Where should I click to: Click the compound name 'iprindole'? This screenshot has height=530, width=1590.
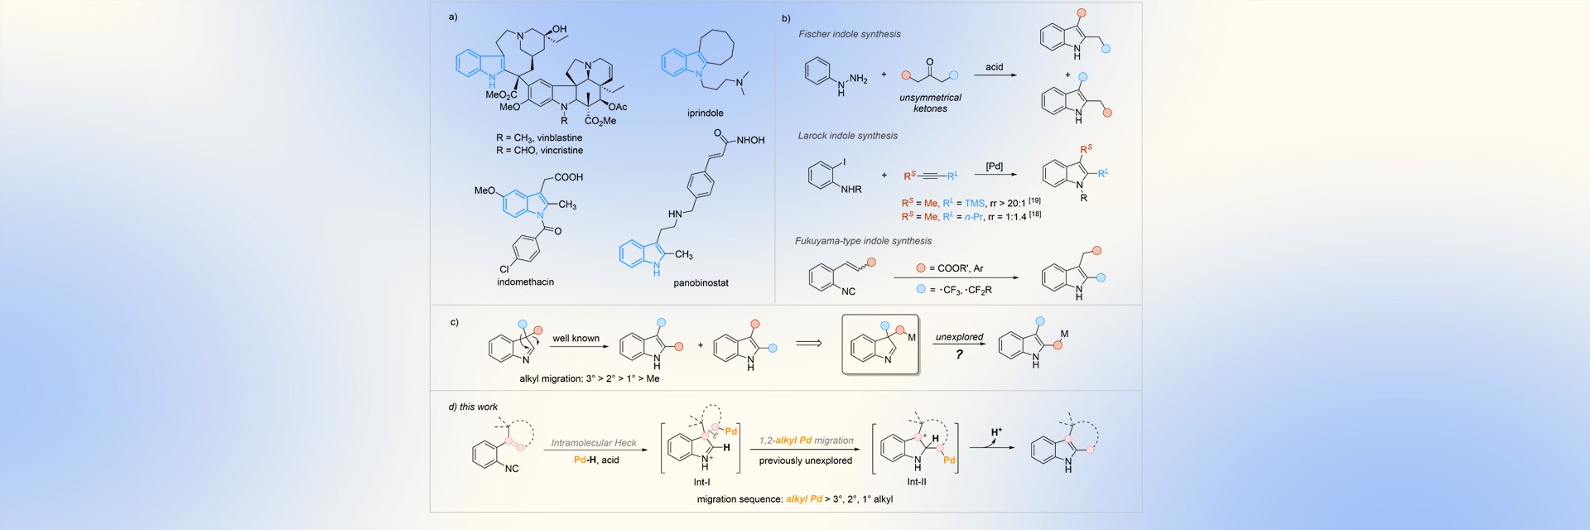click(x=705, y=113)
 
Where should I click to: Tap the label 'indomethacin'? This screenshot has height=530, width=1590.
click(x=525, y=282)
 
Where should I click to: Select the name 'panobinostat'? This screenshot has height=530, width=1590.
click(x=701, y=283)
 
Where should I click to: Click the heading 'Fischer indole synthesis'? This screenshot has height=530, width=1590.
click(x=849, y=35)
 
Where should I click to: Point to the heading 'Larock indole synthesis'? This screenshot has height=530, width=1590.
click(x=847, y=136)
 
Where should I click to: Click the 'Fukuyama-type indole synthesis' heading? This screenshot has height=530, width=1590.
click(x=863, y=241)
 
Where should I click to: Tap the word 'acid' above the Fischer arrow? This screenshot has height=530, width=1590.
click(x=994, y=67)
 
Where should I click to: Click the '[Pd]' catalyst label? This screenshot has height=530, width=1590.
click(x=994, y=166)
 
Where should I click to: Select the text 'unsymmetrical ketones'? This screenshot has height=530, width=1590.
click(x=930, y=104)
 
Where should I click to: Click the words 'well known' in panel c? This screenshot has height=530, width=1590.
click(x=576, y=339)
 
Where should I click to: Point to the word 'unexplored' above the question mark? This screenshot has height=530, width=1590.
click(x=959, y=337)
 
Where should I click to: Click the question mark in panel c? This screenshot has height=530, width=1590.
click(x=959, y=354)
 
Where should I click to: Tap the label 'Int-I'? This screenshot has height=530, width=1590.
click(x=701, y=482)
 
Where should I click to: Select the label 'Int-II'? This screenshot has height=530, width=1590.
click(x=916, y=482)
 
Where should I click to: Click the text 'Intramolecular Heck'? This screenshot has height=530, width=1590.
click(x=594, y=443)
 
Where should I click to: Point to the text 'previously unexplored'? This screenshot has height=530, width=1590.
click(x=805, y=460)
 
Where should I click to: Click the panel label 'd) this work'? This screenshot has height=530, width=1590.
click(x=473, y=407)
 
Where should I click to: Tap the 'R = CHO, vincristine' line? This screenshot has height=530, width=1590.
click(x=539, y=151)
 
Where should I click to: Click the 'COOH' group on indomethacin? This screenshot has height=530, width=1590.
click(x=568, y=177)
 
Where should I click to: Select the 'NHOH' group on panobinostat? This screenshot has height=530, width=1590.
click(x=749, y=141)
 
